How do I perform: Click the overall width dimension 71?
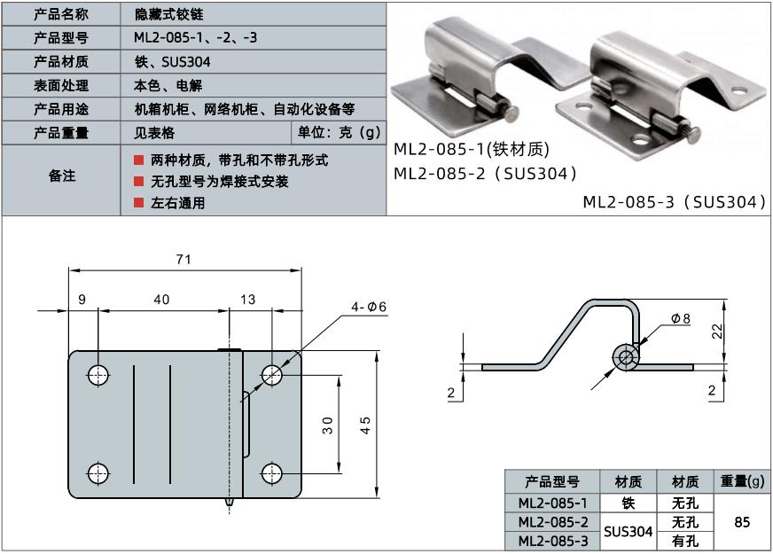tap(183, 260)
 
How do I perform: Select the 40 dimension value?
tap(161, 300)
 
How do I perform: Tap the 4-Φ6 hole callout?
tap(368, 307)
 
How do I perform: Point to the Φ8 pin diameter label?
tap(681, 317)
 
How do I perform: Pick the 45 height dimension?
tap(365, 425)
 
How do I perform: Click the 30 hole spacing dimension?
tap(328, 425)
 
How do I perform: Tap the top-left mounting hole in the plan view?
tap(98, 374)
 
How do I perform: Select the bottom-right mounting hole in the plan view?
tap(272, 472)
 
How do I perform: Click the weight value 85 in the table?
tap(743, 522)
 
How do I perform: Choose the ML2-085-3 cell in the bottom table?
tap(553, 541)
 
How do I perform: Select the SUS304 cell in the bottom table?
tap(628, 531)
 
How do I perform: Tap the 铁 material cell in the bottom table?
tap(628, 503)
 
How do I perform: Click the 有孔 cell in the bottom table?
tap(686, 541)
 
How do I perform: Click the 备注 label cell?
tap(61, 176)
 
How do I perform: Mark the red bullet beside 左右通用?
tap(138, 202)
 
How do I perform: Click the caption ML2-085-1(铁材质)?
tap(472, 149)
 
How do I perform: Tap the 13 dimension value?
tap(247, 300)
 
